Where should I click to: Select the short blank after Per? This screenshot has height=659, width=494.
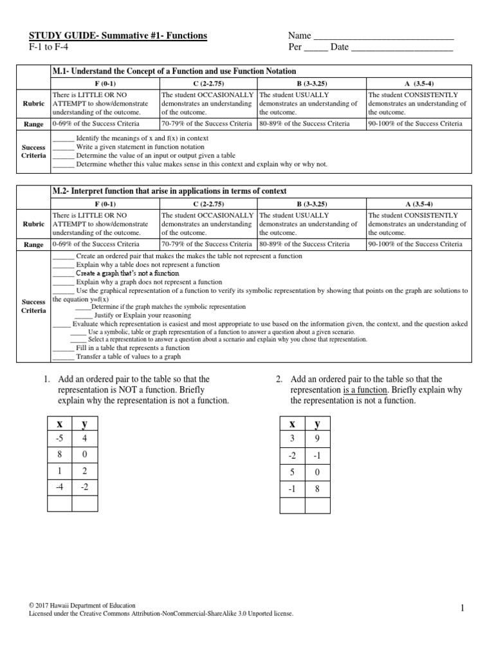316,48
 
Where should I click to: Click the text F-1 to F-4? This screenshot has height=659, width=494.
49,48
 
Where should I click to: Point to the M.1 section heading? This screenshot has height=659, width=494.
174,71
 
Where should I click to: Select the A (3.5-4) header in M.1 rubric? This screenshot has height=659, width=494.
419,84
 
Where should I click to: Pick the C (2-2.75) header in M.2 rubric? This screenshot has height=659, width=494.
208,203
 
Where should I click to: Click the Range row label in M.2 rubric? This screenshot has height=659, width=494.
33,245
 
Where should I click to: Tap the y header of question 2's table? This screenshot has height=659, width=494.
316,423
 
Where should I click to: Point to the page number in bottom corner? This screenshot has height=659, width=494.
462,609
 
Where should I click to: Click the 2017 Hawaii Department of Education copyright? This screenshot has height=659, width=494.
83,606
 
